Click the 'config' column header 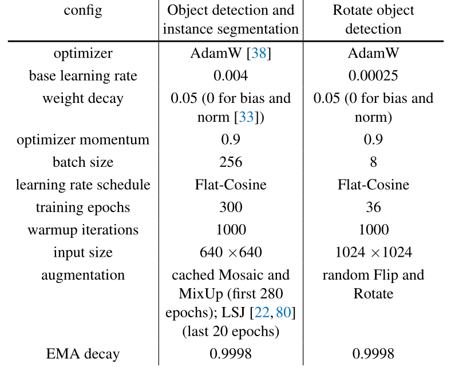click(x=84, y=11)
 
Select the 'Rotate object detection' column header click(x=373, y=19)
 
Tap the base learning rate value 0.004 click(x=231, y=76)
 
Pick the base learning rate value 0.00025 click(x=373, y=76)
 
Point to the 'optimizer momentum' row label click(x=83, y=140)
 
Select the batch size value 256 click(x=231, y=162)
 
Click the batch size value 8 click(x=373, y=162)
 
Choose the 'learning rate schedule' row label click(x=83, y=185)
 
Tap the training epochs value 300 click(x=231, y=207)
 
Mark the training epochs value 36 click(x=373, y=207)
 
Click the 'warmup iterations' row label click(x=83, y=230)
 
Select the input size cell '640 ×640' click(x=231, y=252)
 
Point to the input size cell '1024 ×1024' click(x=373, y=252)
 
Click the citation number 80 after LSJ click(x=284, y=313)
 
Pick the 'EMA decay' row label click(x=83, y=354)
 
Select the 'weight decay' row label click(x=83, y=98)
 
